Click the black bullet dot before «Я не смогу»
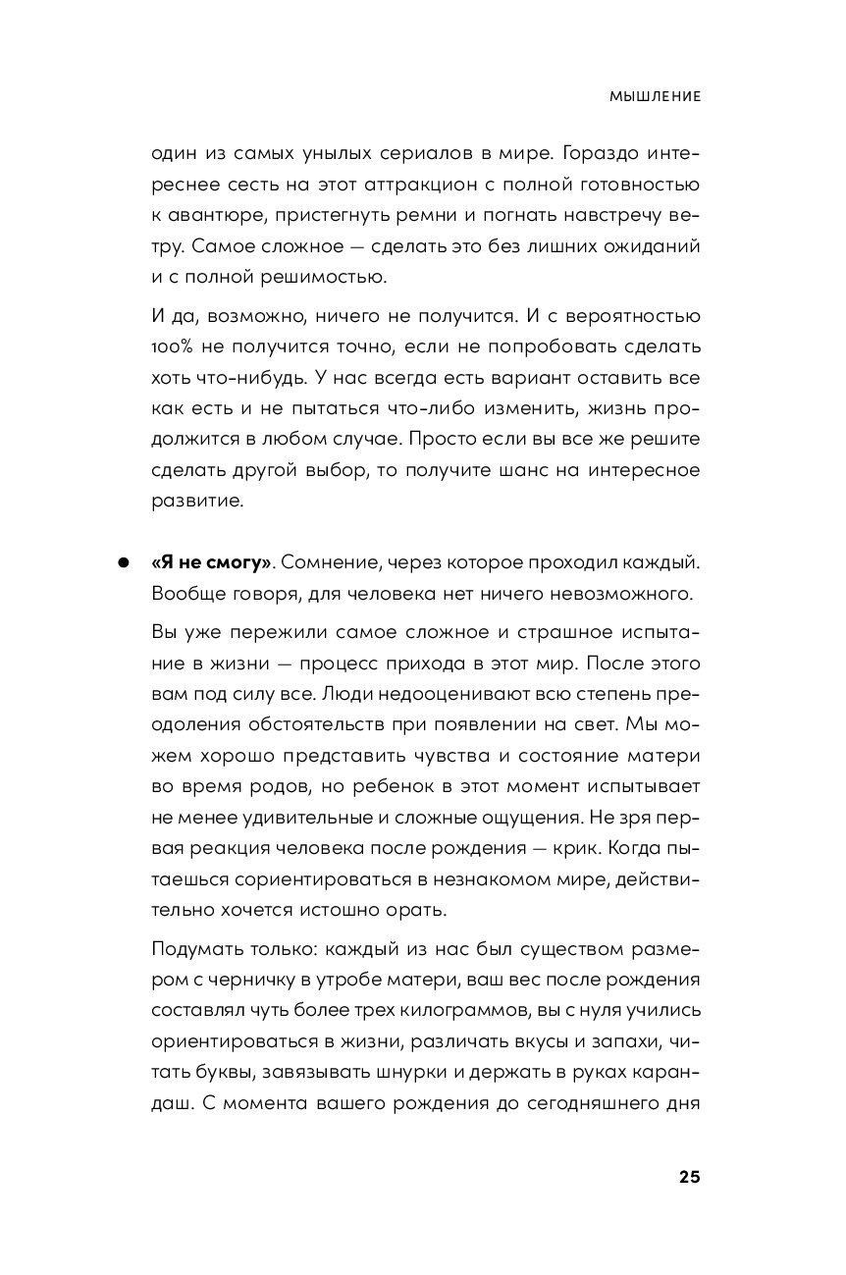click(125, 563)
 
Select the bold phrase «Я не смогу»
click(211, 562)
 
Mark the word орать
click(418, 910)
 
